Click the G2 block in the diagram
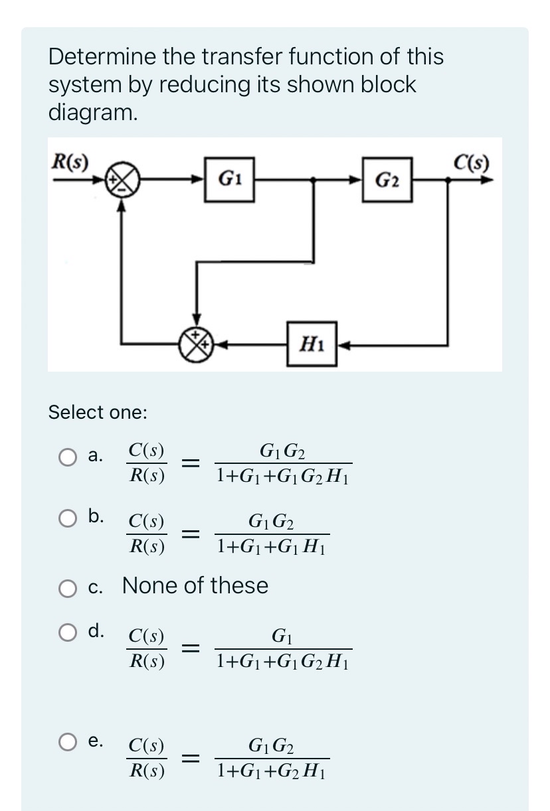pos(387,179)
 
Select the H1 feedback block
pos(312,344)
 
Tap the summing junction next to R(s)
pos(126,179)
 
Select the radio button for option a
pos(67,457)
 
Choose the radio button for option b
pos(67,518)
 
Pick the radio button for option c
pos(67,587)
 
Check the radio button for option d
pos(67,632)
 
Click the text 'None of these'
pos(195,585)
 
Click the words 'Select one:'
pos(98,412)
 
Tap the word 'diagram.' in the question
pos(93,113)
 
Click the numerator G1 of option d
pos(282,637)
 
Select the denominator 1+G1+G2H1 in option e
pos(272,771)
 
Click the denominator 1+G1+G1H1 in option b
pos(272,548)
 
